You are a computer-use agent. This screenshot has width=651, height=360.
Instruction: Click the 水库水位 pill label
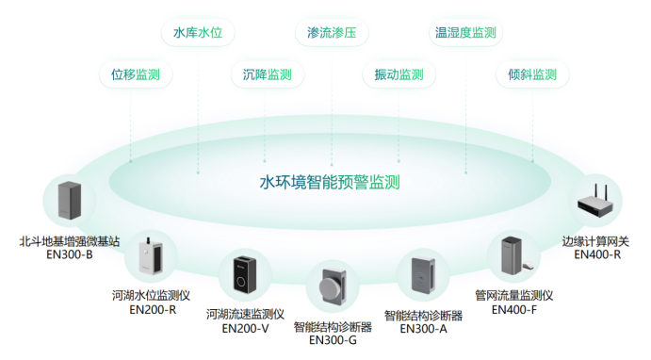198,33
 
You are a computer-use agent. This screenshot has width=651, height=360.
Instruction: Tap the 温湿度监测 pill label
464,33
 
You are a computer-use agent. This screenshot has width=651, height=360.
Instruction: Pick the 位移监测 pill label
136,74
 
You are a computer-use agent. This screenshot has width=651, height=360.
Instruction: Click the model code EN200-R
152,309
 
